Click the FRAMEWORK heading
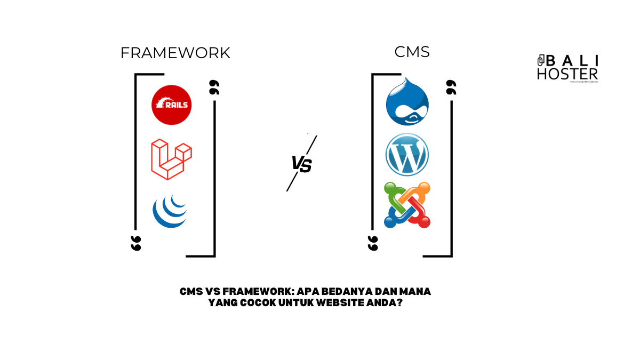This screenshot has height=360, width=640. pos(175,53)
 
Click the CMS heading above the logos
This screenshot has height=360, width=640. pos(412,52)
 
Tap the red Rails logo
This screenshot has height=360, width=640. pos(171,105)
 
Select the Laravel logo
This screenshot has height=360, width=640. pos(171,159)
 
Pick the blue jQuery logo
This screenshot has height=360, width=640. pos(170,212)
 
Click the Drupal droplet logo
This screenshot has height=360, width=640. pos(407,102)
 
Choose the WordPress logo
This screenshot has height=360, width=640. pos(407,155)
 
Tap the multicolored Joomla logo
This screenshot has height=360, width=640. pos(407,205)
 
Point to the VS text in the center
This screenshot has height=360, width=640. pos(301,164)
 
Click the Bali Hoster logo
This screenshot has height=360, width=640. pos(567,68)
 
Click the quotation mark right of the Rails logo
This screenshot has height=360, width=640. pos(214,88)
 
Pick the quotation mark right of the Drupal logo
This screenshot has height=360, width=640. pos(451,88)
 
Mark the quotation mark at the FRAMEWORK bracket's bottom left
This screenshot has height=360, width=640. pos(136,243)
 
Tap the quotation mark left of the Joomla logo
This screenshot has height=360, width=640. pos(373,243)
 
